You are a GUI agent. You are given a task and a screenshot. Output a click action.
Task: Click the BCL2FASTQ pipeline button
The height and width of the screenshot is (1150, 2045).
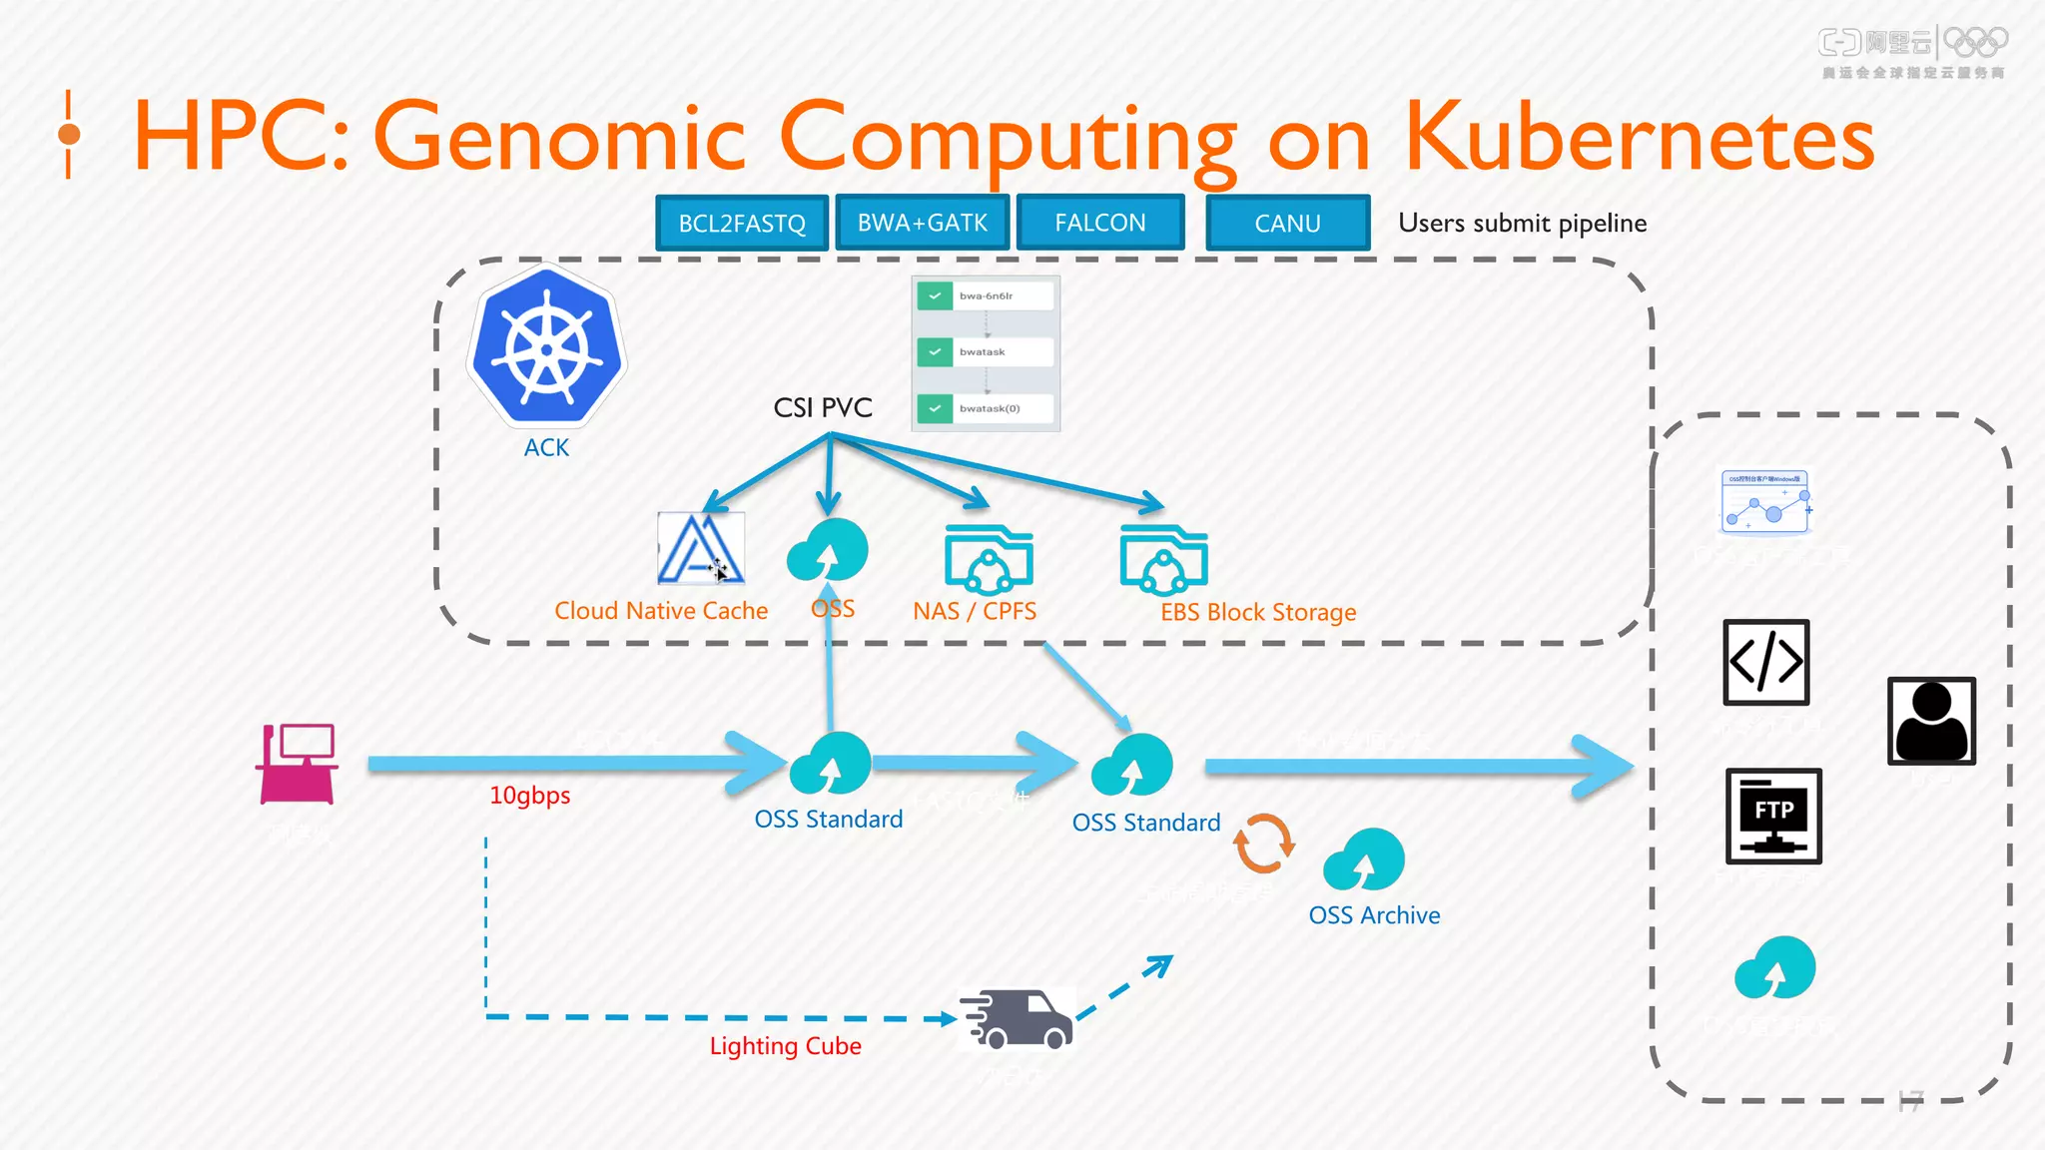click(742, 223)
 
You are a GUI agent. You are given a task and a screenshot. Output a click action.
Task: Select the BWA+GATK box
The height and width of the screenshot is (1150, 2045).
click(922, 222)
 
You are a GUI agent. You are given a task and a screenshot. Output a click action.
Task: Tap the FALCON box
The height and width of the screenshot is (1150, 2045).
click(1100, 222)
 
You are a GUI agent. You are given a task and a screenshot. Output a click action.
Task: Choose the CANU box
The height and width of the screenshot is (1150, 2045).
click(1287, 223)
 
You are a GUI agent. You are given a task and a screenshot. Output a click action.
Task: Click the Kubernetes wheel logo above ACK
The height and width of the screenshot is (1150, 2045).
click(546, 348)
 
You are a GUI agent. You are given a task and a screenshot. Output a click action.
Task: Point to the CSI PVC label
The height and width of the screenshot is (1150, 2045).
click(823, 407)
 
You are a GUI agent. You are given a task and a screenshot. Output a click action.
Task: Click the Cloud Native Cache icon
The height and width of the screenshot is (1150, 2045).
click(701, 548)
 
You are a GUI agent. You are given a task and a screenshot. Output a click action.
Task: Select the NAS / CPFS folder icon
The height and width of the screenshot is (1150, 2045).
click(989, 559)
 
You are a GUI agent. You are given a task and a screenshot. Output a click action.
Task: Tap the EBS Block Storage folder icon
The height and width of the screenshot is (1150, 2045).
click(1164, 559)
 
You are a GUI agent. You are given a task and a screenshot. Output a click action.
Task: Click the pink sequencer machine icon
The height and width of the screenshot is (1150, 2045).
click(298, 764)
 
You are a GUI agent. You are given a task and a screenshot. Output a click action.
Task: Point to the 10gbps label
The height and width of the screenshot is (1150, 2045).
click(529, 796)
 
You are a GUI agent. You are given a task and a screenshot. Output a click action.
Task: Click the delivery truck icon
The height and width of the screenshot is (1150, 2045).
click(1017, 1018)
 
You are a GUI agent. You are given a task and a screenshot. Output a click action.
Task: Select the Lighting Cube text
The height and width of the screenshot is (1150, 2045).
click(785, 1046)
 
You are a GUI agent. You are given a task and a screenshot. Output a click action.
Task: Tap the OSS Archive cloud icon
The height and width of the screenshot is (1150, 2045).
click(1364, 860)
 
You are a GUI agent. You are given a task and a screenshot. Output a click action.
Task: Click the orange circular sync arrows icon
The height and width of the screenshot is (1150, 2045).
click(1263, 844)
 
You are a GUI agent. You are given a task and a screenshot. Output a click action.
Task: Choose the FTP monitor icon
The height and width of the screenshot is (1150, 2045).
click(1773, 816)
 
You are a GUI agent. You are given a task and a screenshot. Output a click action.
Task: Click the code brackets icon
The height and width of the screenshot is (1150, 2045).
click(1765, 662)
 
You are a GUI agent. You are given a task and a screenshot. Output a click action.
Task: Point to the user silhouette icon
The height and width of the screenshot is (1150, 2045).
click(1931, 721)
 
